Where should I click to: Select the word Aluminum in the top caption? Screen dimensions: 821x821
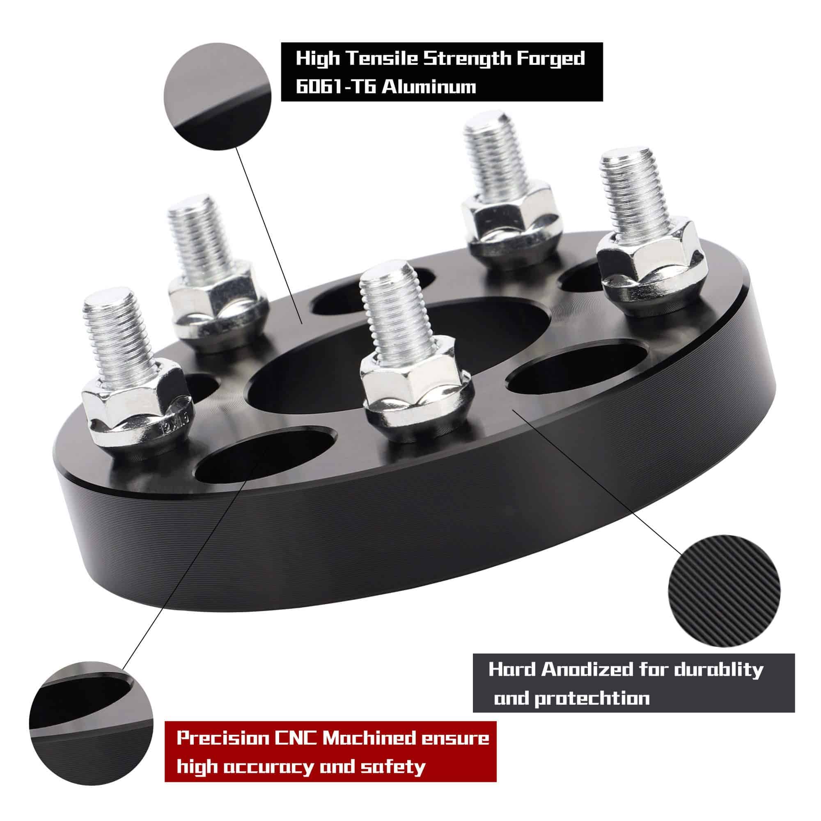(x=428, y=87)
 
